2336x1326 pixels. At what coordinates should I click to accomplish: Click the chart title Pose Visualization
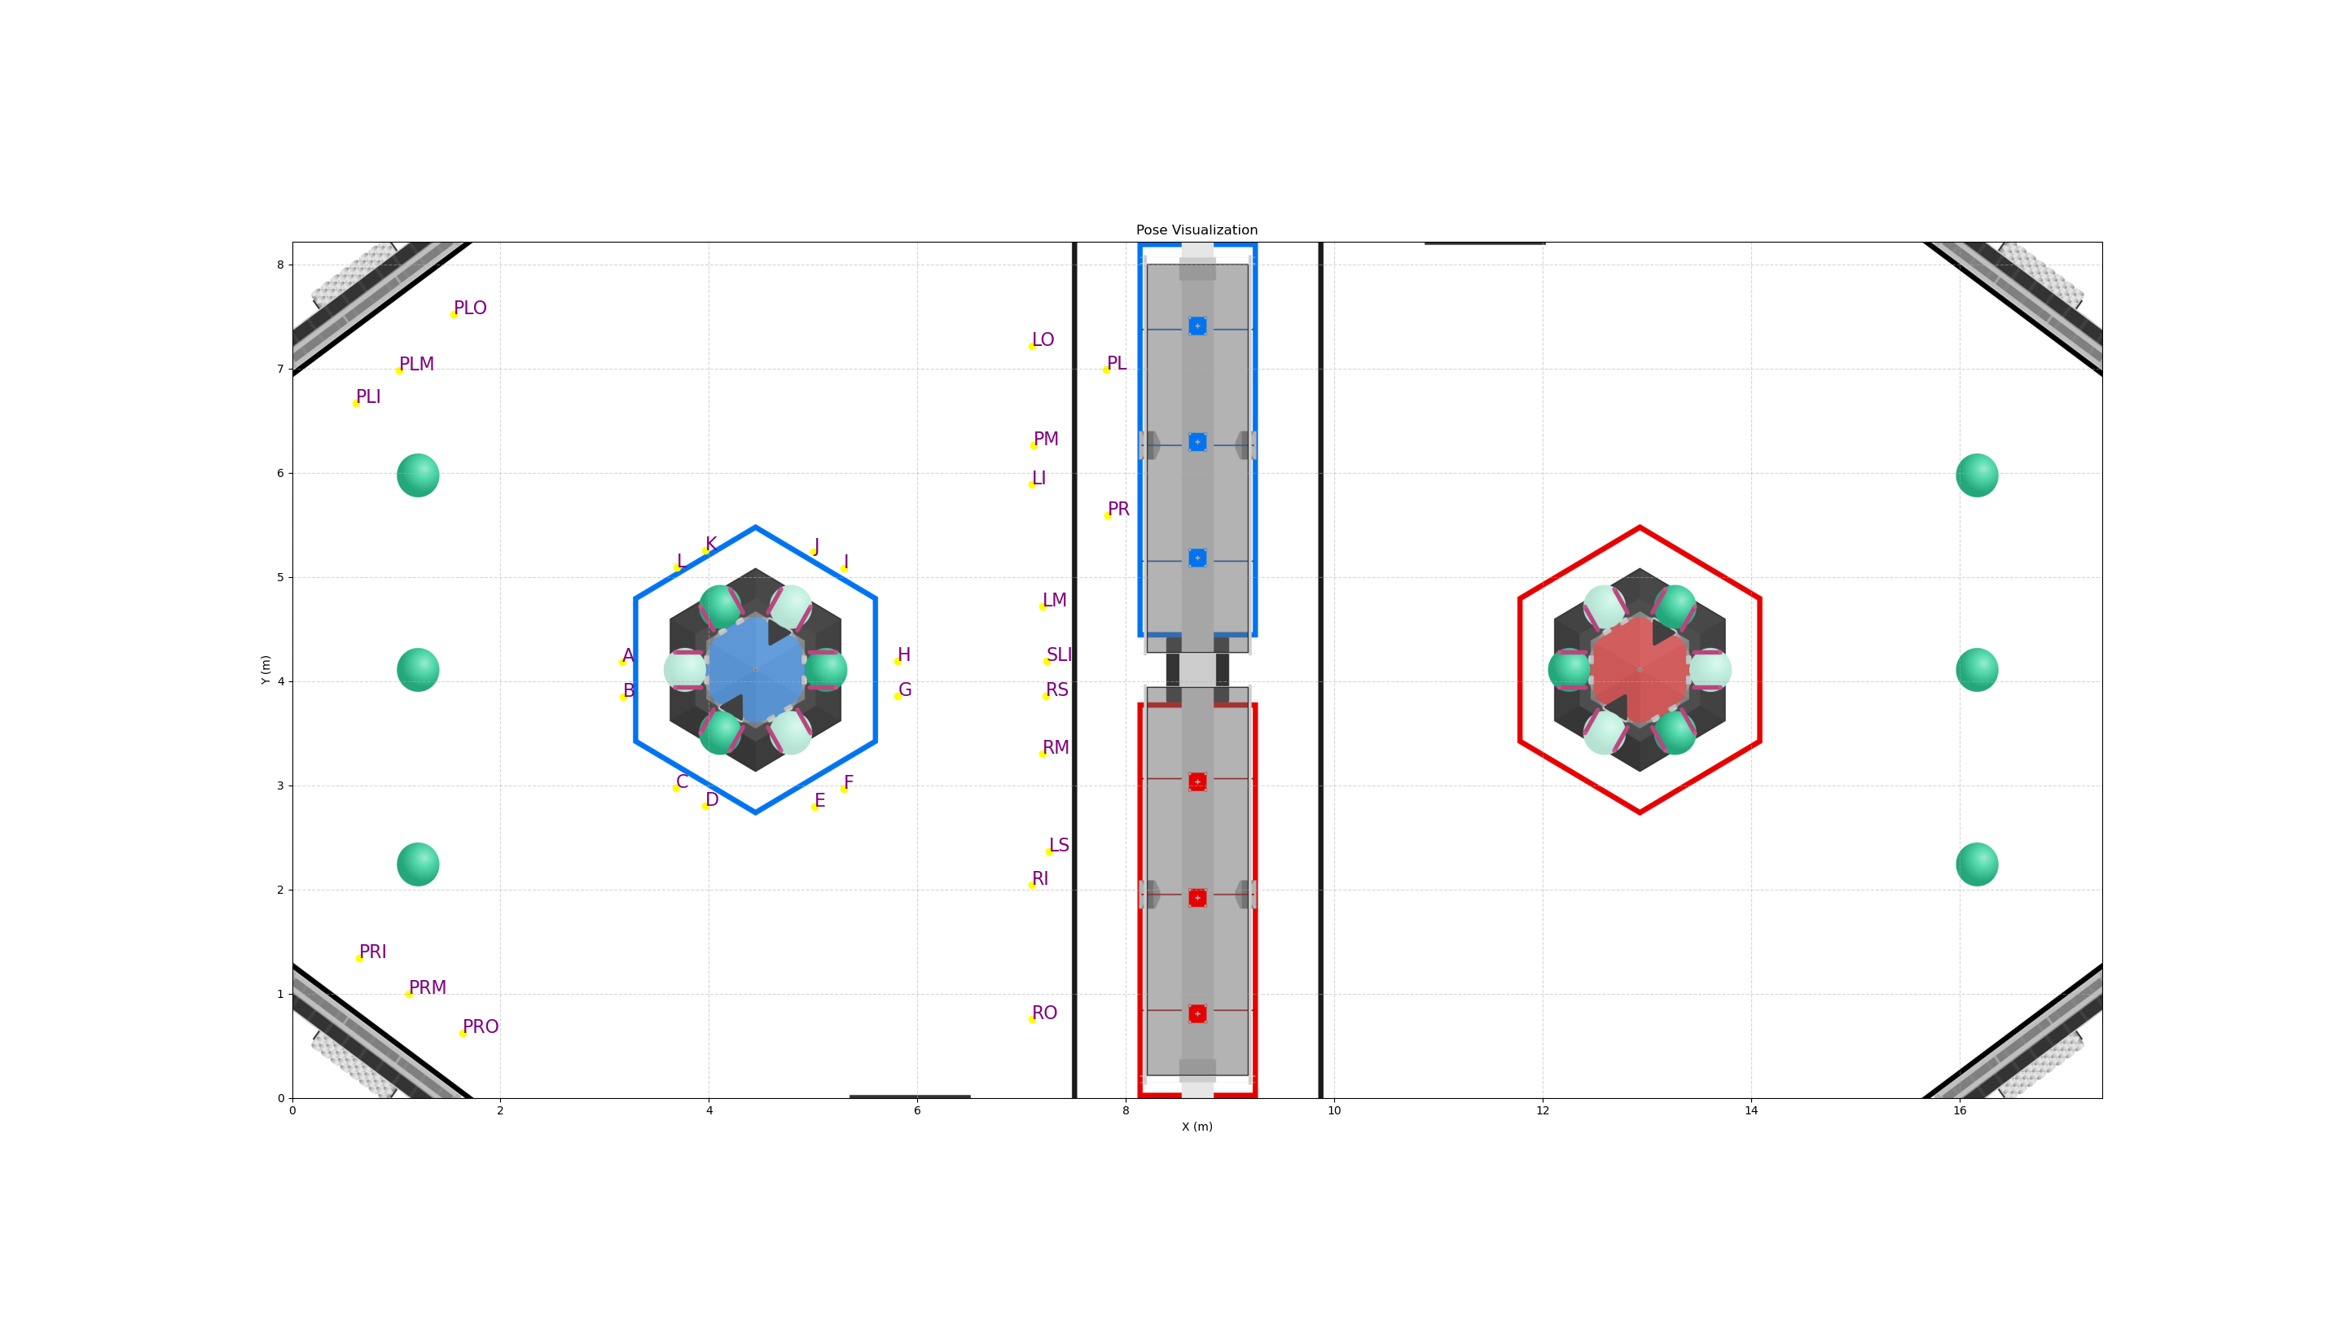click(1197, 230)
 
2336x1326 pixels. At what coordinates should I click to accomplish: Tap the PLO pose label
click(470, 309)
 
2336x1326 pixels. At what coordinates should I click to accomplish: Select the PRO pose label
click(480, 1027)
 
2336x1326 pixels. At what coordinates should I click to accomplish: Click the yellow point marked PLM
click(399, 370)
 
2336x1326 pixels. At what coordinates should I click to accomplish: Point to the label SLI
click(1059, 654)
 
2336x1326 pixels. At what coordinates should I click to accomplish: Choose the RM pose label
click(1055, 748)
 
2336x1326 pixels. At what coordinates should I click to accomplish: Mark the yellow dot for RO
click(1032, 1019)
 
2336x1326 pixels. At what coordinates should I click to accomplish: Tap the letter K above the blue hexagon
click(710, 545)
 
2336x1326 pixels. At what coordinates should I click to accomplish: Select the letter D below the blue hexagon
click(712, 799)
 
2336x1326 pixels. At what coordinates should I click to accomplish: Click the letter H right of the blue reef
click(904, 654)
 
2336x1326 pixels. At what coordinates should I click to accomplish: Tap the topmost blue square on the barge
click(1197, 326)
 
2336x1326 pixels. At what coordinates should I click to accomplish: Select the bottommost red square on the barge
click(1197, 1013)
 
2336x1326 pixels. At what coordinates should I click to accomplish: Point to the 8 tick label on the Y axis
click(281, 265)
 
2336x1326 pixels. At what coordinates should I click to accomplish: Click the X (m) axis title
click(1197, 1127)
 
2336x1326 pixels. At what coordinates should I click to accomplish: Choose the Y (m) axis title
click(266, 669)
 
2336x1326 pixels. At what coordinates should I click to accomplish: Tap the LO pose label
click(1043, 339)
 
